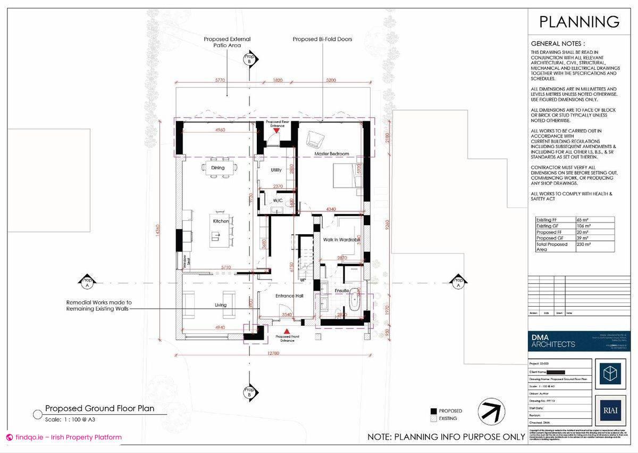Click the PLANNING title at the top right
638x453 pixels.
click(x=579, y=22)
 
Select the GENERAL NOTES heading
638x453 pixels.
click(x=558, y=44)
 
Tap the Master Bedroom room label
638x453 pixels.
click(x=332, y=154)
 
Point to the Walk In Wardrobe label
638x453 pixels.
click(x=342, y=240)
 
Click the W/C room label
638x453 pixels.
click(x=278, y=201)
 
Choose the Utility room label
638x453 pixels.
click(x=276, y=170)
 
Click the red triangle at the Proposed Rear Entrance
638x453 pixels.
click(x=276, y=130)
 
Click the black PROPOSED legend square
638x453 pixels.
click(x=434, y=411)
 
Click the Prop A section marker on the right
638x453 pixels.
click(x=457, y=282)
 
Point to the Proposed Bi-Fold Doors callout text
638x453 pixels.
click(x=323, y=39)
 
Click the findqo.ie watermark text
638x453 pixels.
click(x=64, y=438)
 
